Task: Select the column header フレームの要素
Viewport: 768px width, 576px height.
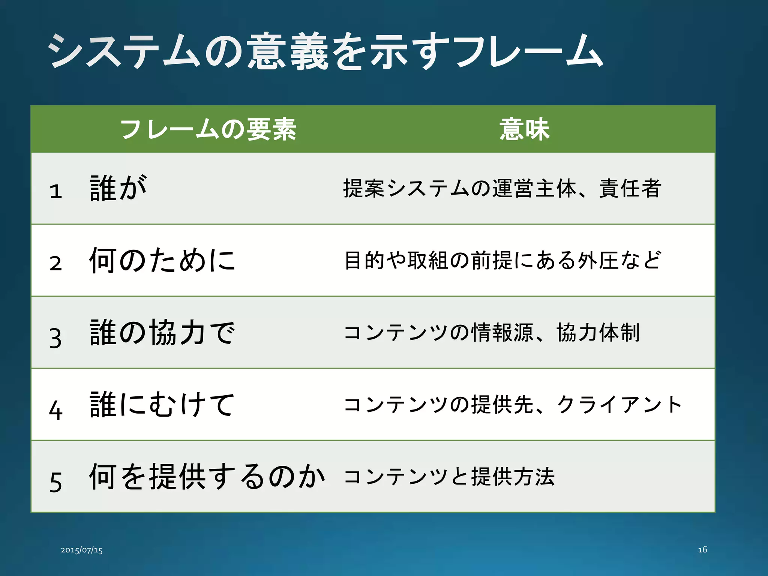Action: pyautogui.click(x=208, y=129)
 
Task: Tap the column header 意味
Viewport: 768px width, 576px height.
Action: pyautogui.click(x=524, y=129)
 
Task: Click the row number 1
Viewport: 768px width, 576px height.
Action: pyautogui.click(x=55, y=191)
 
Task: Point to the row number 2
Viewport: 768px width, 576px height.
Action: pyautogui.click(x=55, y=263)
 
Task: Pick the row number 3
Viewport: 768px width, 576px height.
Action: pyautogui.click(x=55, y=338)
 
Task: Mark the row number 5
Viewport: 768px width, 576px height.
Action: pyautogui.click(x=55, y=482)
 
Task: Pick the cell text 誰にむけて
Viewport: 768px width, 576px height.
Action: pyautogui.click(x=162, y=405)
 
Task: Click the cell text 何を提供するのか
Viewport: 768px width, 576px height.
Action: pyautogui.click(x=207, y=477)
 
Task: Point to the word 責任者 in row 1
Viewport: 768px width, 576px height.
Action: pyautogui.click(x=630, y=188)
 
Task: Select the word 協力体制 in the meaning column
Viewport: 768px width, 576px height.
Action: pyautogui.click(x=598, y=333)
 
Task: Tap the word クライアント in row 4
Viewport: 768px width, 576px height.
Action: pyautogui.click(x=619, y=405)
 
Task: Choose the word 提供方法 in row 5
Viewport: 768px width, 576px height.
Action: pyautogui.click(x=513, y=477)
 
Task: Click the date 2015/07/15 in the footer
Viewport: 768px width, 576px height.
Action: pyautogui.click(x=82, y=550)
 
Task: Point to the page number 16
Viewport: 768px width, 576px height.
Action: pyautogui.click(x=702, y=550)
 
